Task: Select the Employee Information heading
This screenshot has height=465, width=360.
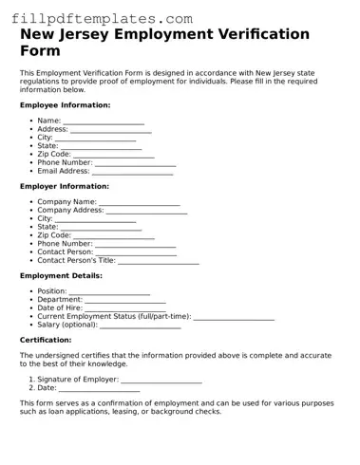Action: point(65,104)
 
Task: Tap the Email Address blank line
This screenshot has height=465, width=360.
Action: point(132,173)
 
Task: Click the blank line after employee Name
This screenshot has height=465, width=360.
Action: point(104,122)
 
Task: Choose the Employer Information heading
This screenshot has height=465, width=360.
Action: point(65,187)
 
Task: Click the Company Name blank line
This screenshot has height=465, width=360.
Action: point(140,203)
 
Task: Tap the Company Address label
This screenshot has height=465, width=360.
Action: point(76,211)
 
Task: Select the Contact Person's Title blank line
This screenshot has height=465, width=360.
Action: point(159,261)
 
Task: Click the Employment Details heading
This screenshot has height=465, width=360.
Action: point(64,275)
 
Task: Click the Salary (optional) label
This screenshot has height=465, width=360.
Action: point(67,325)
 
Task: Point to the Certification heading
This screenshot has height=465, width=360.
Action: point(46,340)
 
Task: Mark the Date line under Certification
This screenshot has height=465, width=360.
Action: point(100,389)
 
